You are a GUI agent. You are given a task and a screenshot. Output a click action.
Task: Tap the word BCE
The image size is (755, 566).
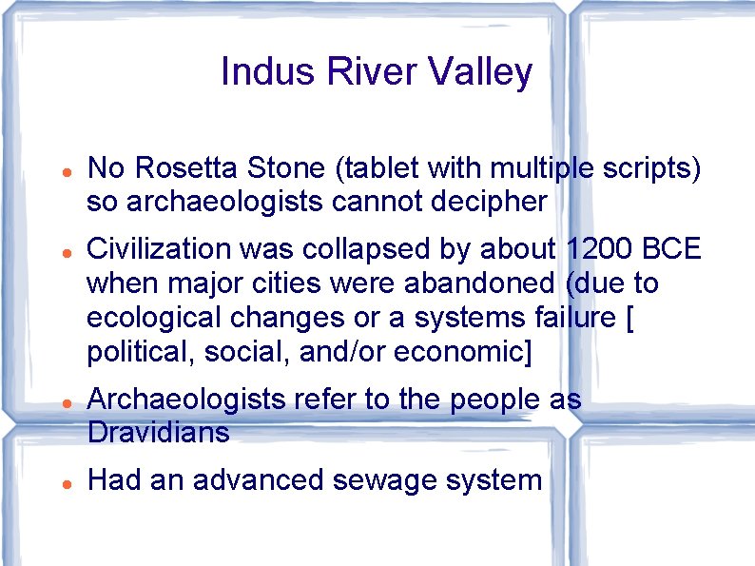coord(672,249)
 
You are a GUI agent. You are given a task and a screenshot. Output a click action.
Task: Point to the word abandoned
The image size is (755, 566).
coord(490,283)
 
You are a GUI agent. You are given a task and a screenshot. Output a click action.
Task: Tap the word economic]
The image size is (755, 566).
coord(457,353)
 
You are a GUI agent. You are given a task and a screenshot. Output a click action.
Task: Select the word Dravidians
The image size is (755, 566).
coord(159,434)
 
